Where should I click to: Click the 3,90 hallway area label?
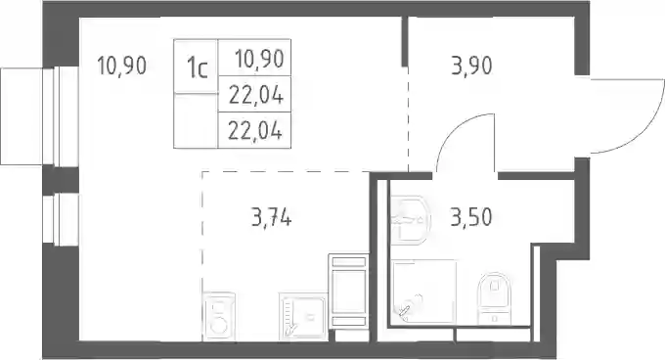pyautogui.click(x=471, y=67)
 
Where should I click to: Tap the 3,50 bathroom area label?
pyautogui.click(x=471, y=217)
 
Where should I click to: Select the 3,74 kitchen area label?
pyautogui.click(x=271, y=218)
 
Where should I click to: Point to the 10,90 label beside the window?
pyautogui.click(x=121, y=66)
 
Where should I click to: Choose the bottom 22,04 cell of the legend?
pyautogui.click(x=255, y=130)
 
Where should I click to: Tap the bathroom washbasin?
pyautogui.click(x=411, y=220)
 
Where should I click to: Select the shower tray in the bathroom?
pyautogui.click(x=424, y=292)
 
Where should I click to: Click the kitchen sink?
pyautogui.click(x=303, y=316)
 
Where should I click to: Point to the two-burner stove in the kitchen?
pyautogui.click(x=219, y=316)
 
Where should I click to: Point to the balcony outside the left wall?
pyautogui.click(x=22, y=115)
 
